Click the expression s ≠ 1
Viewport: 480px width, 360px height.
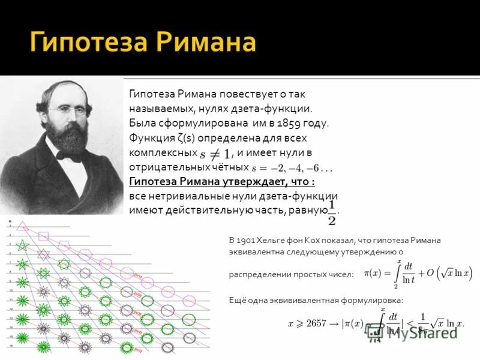coord(215,153)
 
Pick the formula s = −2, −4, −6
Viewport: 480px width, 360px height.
coord(284,167)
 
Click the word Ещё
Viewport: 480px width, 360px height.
coord(238,300)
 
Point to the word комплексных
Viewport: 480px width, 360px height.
coord(162,153)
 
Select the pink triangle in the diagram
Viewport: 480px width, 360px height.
coord(23,226)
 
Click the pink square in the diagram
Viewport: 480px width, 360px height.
coord(43,235)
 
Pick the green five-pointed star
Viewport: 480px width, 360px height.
coord(23,246)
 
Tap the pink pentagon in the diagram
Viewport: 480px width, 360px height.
coord(64,245)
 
